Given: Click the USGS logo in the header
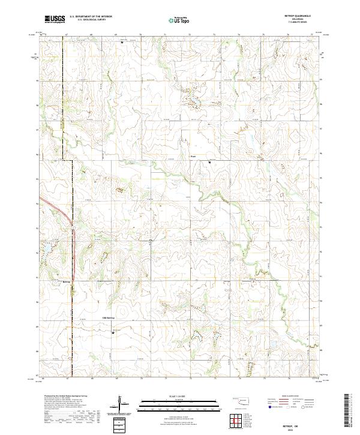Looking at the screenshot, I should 55,19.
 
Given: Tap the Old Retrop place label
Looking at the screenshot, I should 108,317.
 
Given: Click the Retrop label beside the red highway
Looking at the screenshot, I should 67,281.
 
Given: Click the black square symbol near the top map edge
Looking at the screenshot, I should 122,43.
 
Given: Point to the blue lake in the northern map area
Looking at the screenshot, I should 194,106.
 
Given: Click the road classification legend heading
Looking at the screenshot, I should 286,397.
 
